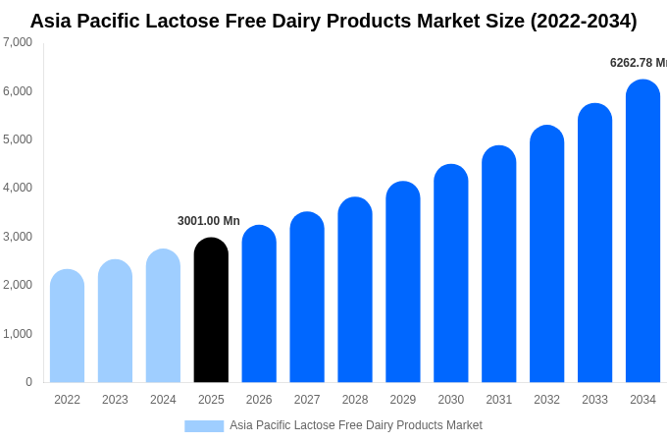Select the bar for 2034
click(642, 232)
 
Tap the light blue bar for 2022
click(67, 326)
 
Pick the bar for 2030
click(451, 274)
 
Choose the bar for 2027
click(307, 298)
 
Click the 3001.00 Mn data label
click(209, 221)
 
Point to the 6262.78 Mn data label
click(638, 63)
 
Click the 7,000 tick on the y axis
click(18, 42)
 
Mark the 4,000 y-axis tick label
click(18, 188)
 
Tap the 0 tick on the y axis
click(28, 382)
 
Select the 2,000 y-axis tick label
click(18, 285)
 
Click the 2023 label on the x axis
click(115, 400)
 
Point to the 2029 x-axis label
click(403, 400)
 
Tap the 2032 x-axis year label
click(546, 400)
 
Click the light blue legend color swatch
click(204, 425)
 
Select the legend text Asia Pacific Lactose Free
click(294, 425)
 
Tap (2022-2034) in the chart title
click(583, 21)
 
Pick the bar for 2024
click(163, 316)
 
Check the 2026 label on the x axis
click(259, 400)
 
